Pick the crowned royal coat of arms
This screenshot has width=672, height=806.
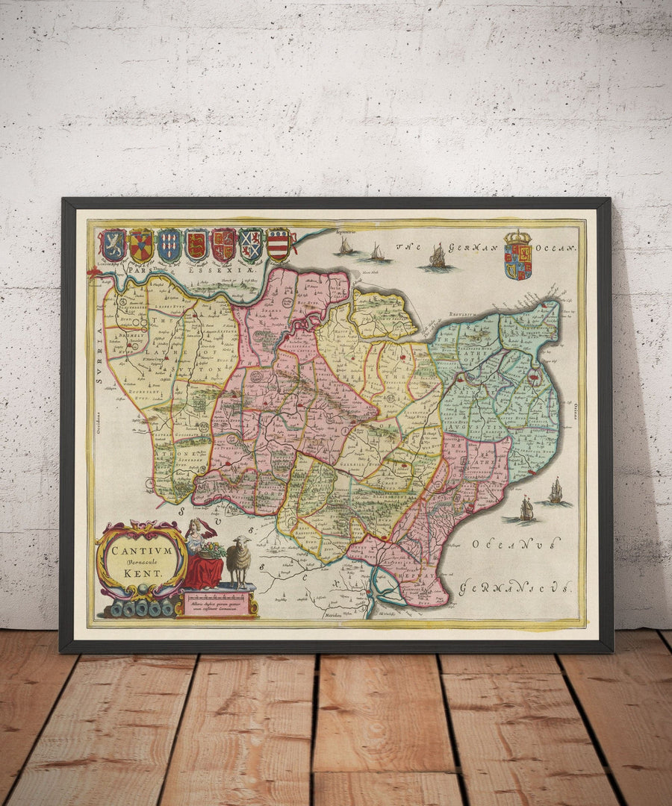click(x=517, y=255)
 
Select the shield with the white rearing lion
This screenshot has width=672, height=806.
click(x=113, y=246)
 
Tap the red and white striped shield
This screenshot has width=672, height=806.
click(x=278, y=245)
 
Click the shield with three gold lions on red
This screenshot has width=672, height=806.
click(x=196, y=245)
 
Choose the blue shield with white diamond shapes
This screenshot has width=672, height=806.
click(x=169, y=246)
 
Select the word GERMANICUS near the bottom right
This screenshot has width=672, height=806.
click(x=516, y=588)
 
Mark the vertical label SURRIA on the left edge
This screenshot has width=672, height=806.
click(x=99, y=358)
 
